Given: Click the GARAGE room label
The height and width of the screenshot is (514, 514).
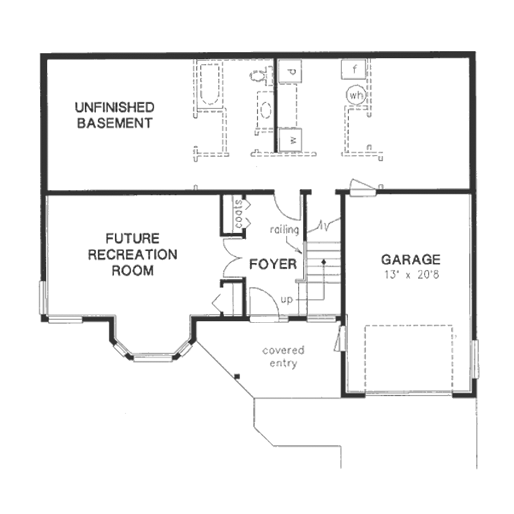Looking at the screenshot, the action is [x=411, y=260].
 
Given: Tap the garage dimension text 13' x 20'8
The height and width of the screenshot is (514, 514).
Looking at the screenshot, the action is [x=412, y=275].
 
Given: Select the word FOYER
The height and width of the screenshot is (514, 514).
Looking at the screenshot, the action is [x=273, y=264].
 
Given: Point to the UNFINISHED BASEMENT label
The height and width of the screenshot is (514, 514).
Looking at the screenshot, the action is [x=115, y=115].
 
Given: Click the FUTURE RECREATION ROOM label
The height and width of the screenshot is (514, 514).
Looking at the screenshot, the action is [x=133, y=254].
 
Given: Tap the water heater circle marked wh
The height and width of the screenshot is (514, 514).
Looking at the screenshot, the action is [x=356, y=95].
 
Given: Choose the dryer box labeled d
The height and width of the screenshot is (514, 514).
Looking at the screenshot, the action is [x=290, y=71].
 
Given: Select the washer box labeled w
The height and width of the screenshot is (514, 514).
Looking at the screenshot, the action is [x=290, y=140].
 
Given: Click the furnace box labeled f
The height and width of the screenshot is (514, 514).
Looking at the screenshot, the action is [x=353, y=69].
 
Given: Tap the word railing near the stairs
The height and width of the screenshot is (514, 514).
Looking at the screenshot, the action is [x=285, y=229].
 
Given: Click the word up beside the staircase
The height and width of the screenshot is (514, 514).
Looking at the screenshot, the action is [x=287, y=300].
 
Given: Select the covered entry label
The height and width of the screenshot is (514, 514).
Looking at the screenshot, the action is [x=284, y=357].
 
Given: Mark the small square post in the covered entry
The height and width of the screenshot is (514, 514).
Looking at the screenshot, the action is [x=237, y=376].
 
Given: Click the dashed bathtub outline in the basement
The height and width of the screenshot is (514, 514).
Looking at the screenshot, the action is [x=210, y=84].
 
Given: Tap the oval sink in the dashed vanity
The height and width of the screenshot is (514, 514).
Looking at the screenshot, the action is [x=266, y=110].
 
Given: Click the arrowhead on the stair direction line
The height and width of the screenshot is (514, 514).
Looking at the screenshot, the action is [x=324, y=261].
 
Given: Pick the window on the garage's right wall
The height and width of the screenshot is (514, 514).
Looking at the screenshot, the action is [x=475, y=359].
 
